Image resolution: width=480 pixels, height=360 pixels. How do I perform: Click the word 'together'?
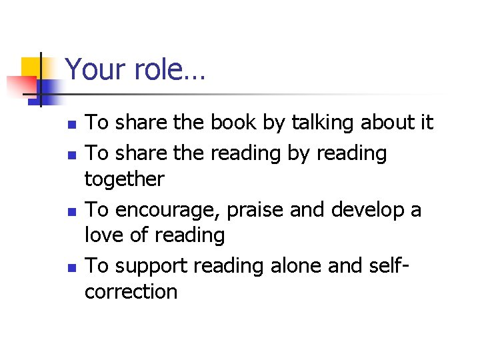pyautogui.click(x=124, y=179)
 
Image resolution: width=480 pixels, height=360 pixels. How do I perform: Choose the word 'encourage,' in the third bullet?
pyautogui.click(x=167, y=211)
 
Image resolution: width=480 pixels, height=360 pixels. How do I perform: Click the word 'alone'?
pyautogui.click(x=300, y=266)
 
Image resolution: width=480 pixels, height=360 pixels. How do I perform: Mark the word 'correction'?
pyautogui.click(x=131, y=292)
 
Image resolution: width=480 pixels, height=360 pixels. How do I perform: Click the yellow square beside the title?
pyautogui.click(x=31, y=67)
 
